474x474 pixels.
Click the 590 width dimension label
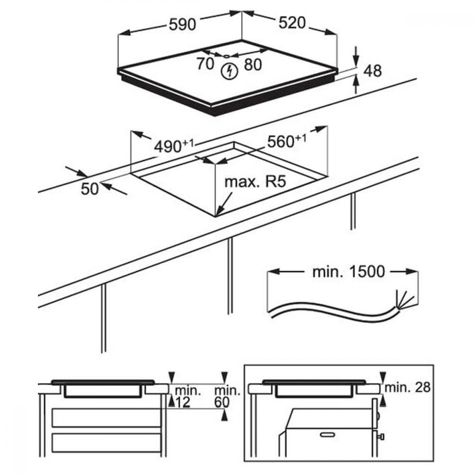click(x=183, y=24)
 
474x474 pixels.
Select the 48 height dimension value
click(x=373, y=71)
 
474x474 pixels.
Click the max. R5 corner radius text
click(x=256, y=182)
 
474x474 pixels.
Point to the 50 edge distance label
click(x=90, y=189)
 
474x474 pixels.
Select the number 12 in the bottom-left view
click(x=182, y=402)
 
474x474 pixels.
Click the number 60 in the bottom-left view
click(x=222, y=402)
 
